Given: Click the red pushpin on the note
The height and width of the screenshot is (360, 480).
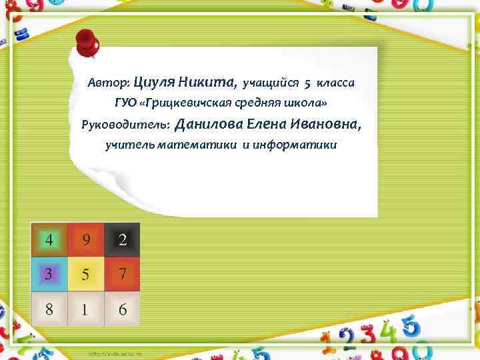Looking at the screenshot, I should [87, 43].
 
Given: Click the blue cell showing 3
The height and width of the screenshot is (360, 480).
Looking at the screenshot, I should [48, 274].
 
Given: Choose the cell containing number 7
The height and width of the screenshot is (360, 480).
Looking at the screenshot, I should [123, 274].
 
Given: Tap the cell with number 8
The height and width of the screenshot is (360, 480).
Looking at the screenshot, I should [48, 309].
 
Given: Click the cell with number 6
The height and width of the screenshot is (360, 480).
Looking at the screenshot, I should [123, 309].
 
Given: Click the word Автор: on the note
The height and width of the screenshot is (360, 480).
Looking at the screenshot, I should [109, 84].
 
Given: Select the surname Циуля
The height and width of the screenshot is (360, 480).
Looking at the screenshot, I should [155, 83].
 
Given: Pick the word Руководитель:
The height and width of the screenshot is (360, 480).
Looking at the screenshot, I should [125, 125].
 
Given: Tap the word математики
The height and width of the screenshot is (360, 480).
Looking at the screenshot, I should [194, 145].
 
